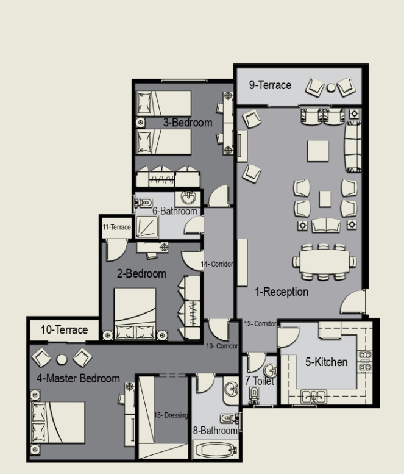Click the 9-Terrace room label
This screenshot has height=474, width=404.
(270, 85)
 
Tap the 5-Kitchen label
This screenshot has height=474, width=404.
(327, 362)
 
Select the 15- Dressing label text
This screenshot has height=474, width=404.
(171, 415)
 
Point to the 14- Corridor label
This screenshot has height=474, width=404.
(217, 264)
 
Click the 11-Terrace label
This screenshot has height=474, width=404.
(116, 227)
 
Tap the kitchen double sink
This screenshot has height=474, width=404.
(314, 397)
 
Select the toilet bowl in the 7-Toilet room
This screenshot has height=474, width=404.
(254, 395)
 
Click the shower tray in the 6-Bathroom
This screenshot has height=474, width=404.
(147, 227)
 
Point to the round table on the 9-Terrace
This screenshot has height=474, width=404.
(331, 88)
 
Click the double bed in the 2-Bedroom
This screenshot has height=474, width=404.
(135, 314)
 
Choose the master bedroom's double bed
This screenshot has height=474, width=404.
(58, 422)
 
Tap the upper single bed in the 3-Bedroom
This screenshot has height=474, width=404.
(163, 103)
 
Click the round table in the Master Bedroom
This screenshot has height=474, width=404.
(62, 359)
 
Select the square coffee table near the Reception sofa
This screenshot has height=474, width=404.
(318, 151)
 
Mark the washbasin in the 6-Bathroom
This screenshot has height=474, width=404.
(188, 198)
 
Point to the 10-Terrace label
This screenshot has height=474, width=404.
(65, 330)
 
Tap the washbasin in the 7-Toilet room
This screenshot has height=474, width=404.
(270, 370)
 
